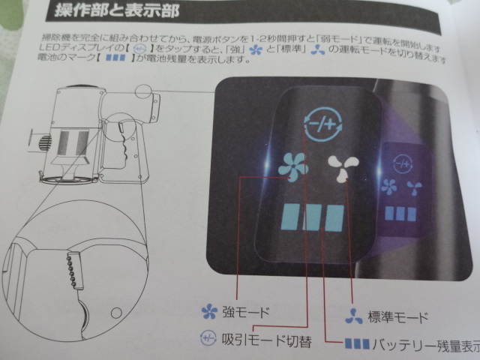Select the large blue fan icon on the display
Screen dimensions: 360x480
pos(293,166)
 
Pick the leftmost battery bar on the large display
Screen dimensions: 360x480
pos(289,217)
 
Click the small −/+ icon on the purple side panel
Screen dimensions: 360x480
pos(402,162)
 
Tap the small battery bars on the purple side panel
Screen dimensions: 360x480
pos(400,213)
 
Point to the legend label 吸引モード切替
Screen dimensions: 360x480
pos(266,340)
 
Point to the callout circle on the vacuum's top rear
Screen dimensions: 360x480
pos(143,94)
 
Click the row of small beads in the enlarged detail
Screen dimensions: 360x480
pos(73,270)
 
